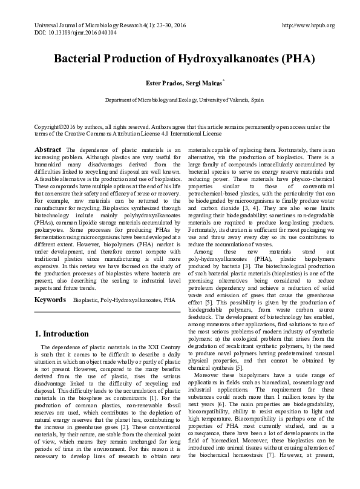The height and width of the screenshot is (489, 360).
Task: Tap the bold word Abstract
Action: pos(47,149)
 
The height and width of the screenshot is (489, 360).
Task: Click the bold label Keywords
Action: pos(50,300)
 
